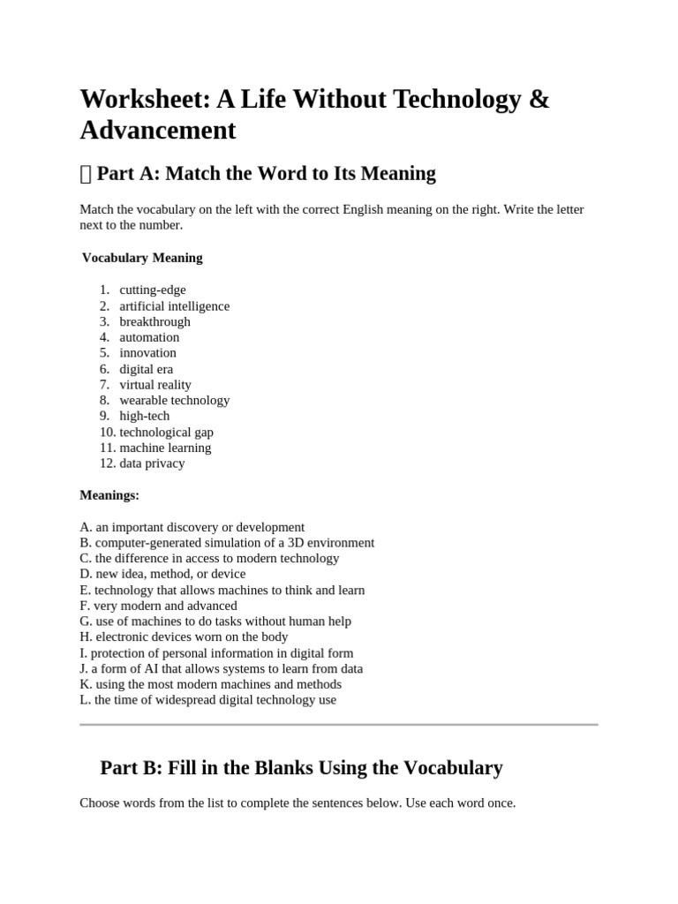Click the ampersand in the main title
coord(539,100)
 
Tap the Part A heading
coord(266,173)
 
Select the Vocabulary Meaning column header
coord(142,258)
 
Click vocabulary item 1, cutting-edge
coord(153,290)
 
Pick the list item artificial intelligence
coord(174,305)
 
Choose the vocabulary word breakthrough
coord(154,321)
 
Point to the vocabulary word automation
coord(149,337)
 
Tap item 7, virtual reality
coord(155,385)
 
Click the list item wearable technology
coord(174,400)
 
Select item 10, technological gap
coord(166,432)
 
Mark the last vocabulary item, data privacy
coord(152,463)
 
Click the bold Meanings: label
coord(109,495)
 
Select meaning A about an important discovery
coord(192,527)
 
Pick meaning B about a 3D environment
coord(227,543)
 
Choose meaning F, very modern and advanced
coord(158,606)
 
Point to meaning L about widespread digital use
coord(207,700)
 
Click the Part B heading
coord(301,767)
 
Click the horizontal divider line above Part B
coord(338,725)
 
